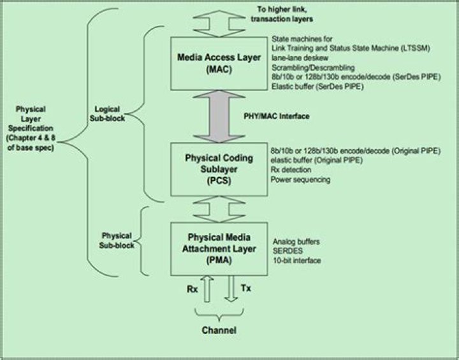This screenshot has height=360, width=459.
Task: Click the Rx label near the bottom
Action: coord(191,288)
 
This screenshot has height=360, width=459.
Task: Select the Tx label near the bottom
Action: coord(246,288)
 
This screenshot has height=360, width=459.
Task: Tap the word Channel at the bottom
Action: coord(218,331)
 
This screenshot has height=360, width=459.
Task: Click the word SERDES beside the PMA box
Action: coord(286,252)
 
